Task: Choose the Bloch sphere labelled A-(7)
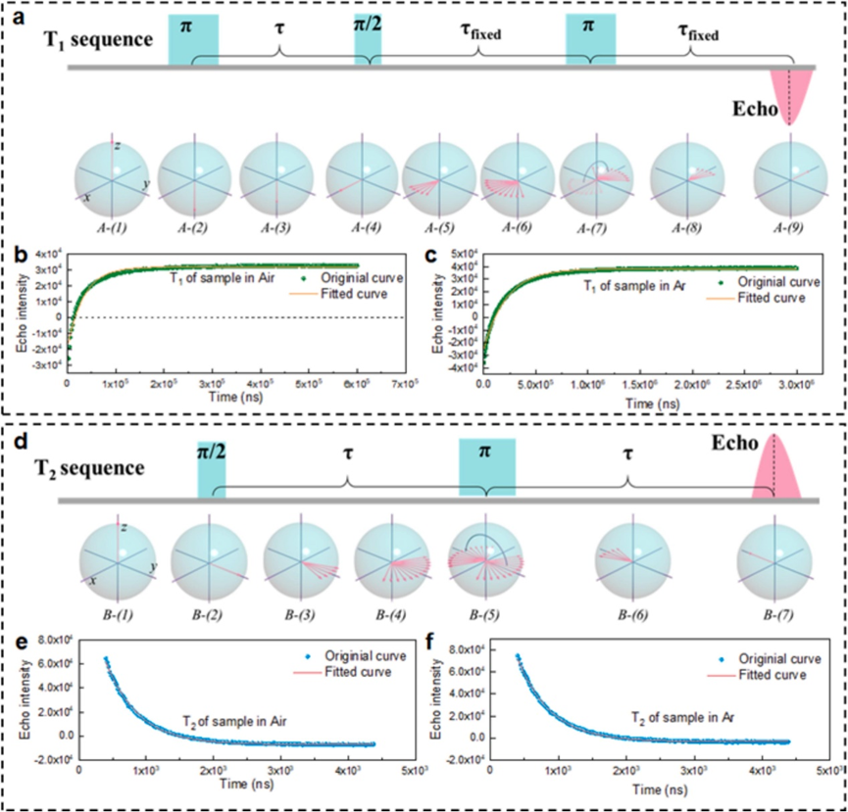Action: [590, 177]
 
